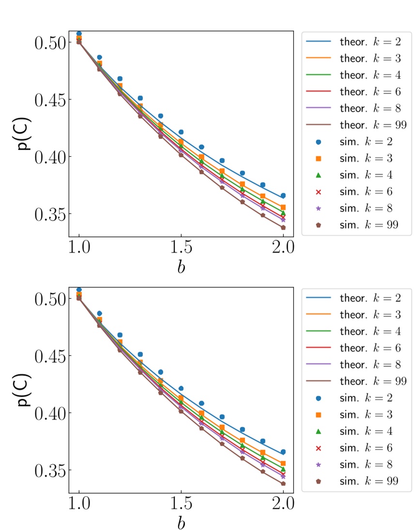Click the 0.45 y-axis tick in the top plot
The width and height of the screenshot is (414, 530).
point(51,100)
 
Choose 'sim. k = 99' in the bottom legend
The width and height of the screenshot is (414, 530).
point(368,481)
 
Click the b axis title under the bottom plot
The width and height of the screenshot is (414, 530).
point(181,522)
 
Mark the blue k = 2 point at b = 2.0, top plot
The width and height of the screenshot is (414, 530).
point(283,196)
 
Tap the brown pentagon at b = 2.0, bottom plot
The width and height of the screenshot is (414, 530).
point(283,483)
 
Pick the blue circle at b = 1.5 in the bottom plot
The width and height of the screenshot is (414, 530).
point(181,388)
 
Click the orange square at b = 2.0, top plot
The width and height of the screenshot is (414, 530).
point(283,207)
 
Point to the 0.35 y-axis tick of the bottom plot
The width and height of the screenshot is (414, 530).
point(51,470)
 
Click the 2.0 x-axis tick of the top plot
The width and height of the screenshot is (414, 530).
point(283,247)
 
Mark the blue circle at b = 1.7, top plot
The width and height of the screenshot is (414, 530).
point(222,160)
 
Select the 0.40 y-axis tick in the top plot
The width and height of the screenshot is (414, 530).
point(51,157)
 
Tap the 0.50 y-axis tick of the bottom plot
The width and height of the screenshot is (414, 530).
point(51,298)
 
